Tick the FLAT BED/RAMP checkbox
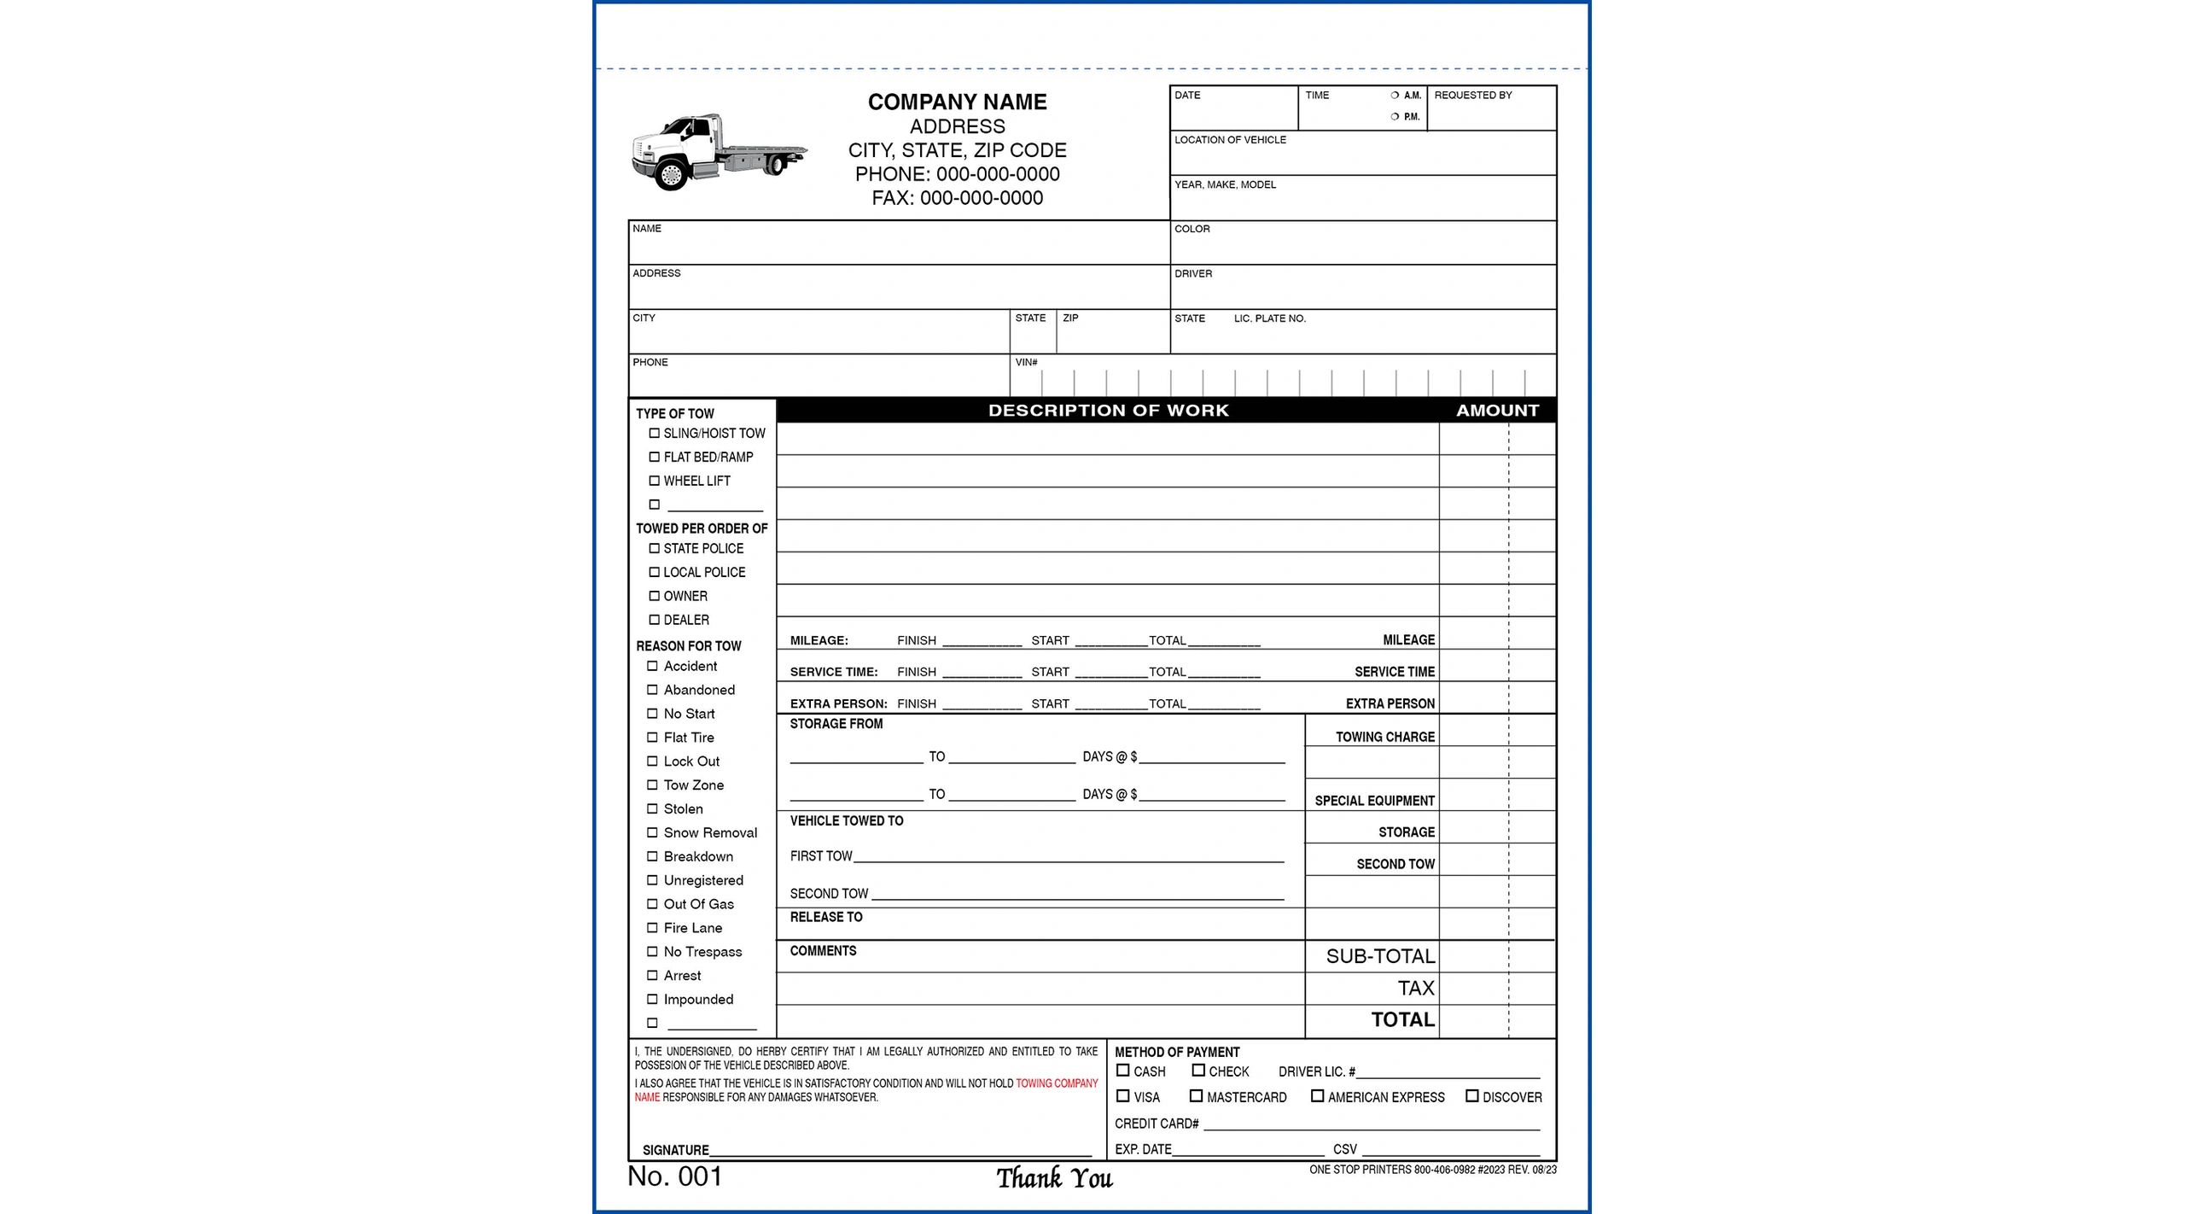(x=655, y=457)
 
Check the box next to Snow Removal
(x=652, y=832)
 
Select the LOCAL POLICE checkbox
(x=655, y=572)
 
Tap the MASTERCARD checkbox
(x=1196, y=1096)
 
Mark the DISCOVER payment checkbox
(x=1471, y=1096)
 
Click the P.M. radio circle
(x=1395, y=117)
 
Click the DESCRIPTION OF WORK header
(x=1108, y=411)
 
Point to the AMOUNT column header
(x=1497, y=411)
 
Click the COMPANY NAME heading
(x=957, y=102)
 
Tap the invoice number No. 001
(x=674, y=1176)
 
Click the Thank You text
(x=1054, y=1179)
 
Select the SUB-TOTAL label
(x=1379, y=956)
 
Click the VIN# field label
(x=1026, y=363)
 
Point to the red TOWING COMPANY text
(x=1056, y=1083)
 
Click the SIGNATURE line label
(x=675, y=1150)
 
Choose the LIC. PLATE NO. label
(x=1269, y=318)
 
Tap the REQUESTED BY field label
(x=1472, y=96)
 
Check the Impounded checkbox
(x=652, y=999)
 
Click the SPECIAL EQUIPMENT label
(x=1374, y=801)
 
